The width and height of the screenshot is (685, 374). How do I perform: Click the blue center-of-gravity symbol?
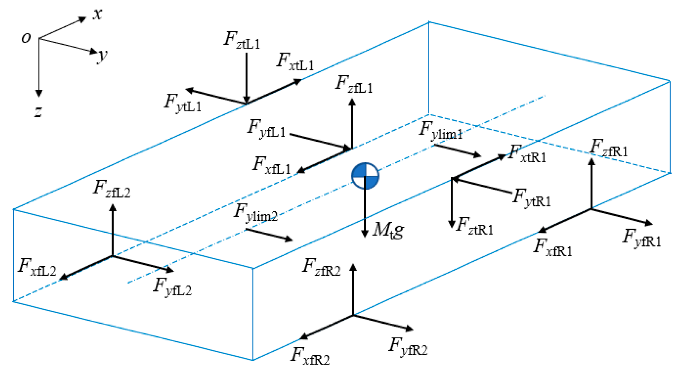click(x=365, y=176)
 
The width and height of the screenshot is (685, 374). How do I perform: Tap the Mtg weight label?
click(x=388, y=230)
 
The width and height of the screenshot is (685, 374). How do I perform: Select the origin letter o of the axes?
click(x=26, y=38)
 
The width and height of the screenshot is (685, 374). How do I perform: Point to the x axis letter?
click(x=97, y=14)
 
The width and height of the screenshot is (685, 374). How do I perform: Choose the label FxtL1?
click(x=295, y=62)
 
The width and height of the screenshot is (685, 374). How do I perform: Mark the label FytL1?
click(x=182, y=103)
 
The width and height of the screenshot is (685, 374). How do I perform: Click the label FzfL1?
click(x=354, y=85)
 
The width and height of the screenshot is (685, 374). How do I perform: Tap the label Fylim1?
click(x=440, y=130)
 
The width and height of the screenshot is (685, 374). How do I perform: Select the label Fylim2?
click(x=255, y=213)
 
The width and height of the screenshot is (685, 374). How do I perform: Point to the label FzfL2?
click(x=112, y=189)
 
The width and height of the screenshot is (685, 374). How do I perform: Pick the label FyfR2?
click(x=408, y=347)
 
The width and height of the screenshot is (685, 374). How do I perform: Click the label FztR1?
click(x=474, y=226)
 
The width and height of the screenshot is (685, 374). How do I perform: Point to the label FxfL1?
click(x=272, y=166)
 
